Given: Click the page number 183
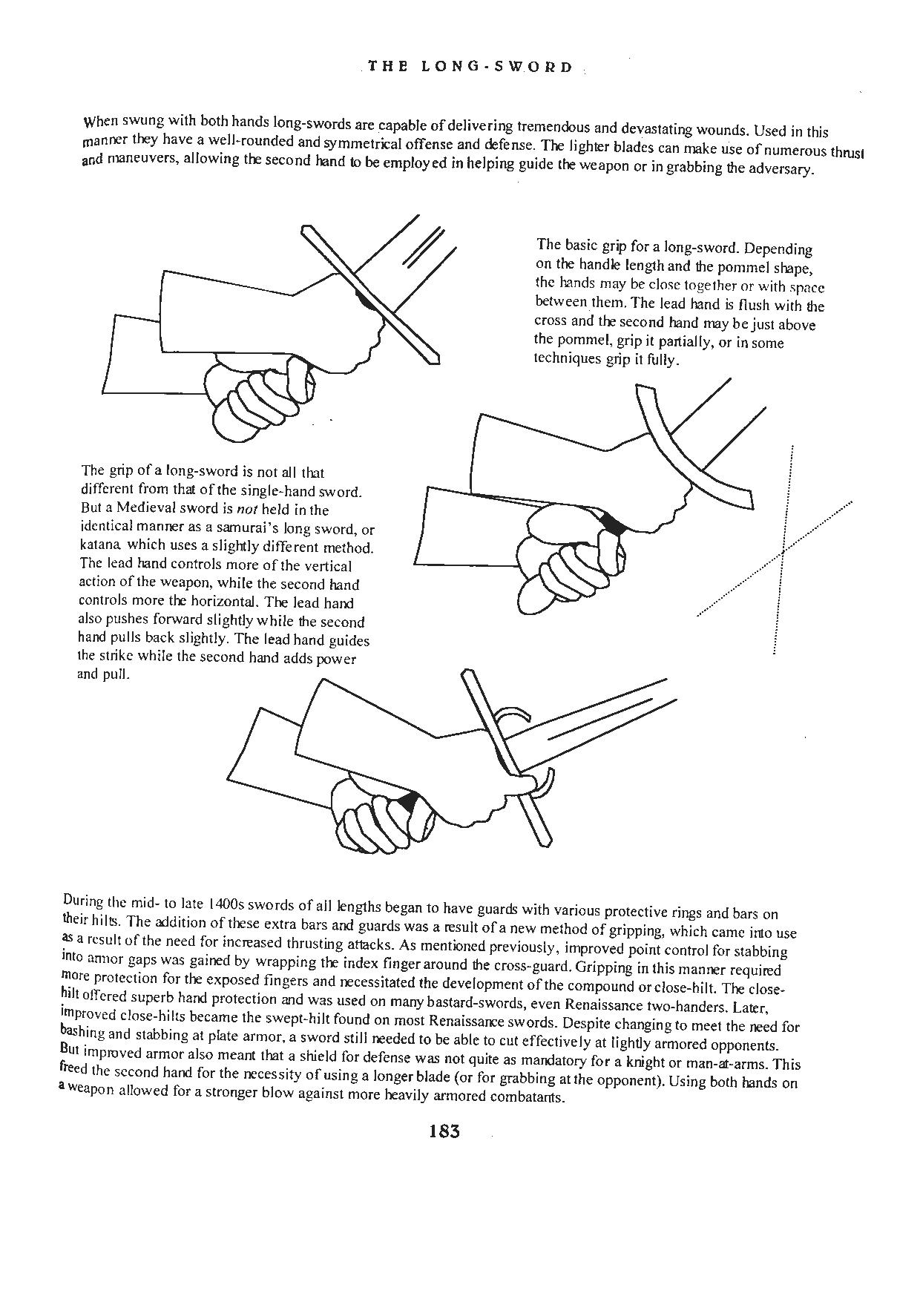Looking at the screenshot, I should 444,1131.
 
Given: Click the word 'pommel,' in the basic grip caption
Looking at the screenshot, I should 569,342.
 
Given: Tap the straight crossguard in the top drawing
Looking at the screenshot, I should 371,297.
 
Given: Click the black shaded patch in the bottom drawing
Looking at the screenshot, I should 409,802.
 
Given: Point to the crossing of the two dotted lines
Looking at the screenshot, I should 783,550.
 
